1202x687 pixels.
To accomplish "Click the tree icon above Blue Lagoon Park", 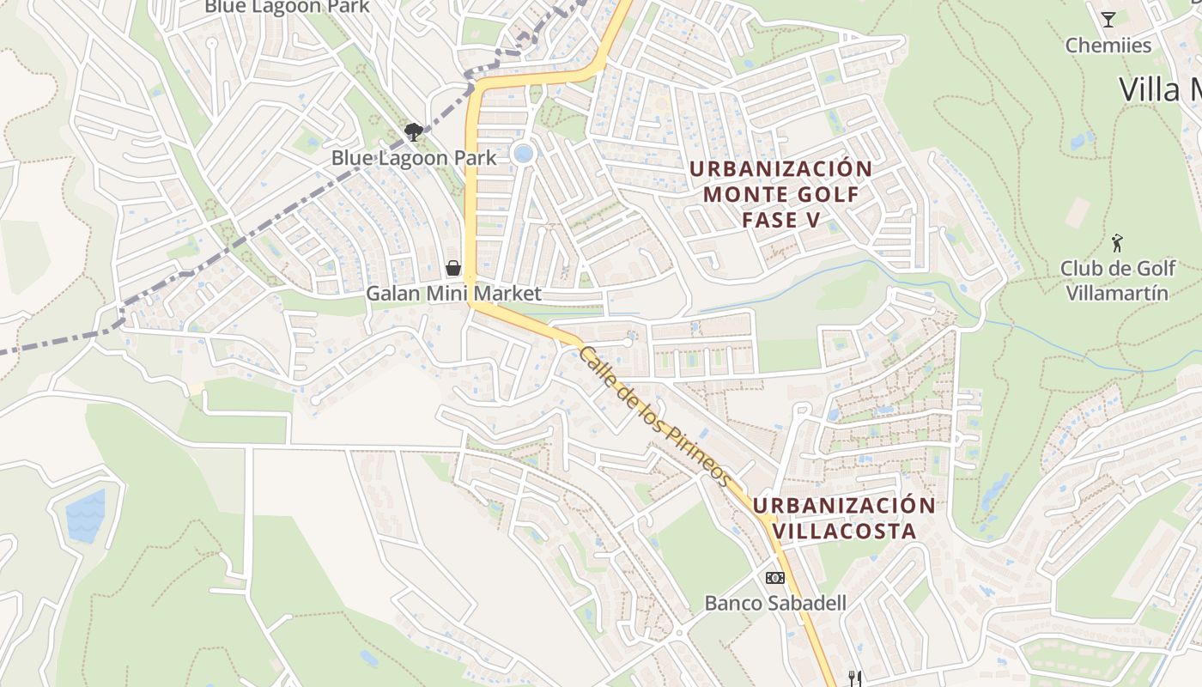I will pyautogui.click(x=414, y=132).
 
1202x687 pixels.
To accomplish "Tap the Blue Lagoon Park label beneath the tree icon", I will pyautogui.click(x=414, y=158).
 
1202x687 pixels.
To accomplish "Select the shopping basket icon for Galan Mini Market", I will pyautogui.click(x=453, y=269).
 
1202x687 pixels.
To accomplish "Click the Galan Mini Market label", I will pyautogui.click(x=453, y=294).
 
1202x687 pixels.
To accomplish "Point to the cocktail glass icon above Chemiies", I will pyautogui.click(x=1108, y=19).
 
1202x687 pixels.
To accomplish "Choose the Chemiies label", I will pyautogui.click(x=1108, y=45).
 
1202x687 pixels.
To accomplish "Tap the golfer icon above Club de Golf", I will pyautogui.click(x=1117, y=243).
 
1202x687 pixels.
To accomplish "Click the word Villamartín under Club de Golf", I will pyautogui.click(x=1117, y=294).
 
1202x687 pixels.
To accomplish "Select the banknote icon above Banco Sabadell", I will pyautogui.click(x=775, y=578).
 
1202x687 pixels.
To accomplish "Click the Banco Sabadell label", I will pyautogui.click(x=775, y=603).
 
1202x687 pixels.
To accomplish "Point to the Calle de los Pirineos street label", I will pyautogui.click(x=657, y=416).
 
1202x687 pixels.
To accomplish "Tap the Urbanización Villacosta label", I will pyautogui.click(x=845, y=518).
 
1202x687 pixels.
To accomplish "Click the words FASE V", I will pyautogui.click(x=780, y=220).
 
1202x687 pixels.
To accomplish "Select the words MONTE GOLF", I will pyautogui.click(x=780, y=194).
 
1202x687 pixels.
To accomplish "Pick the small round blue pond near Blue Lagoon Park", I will pyautogui.click(x=522, y=154).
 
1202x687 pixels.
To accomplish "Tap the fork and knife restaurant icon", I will pyautogui.click(x=854, y=678).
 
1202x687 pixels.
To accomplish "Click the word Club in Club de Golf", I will pyautogui.click(x=1081, y=268).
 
